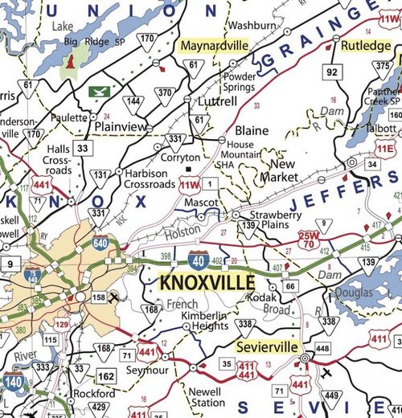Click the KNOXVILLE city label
pos(207,282)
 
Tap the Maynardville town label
pos(215,46)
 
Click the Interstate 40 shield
pos(198,259)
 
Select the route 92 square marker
pos(331,72)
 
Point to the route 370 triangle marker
pos(166,93)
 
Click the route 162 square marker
pos(106,375)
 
